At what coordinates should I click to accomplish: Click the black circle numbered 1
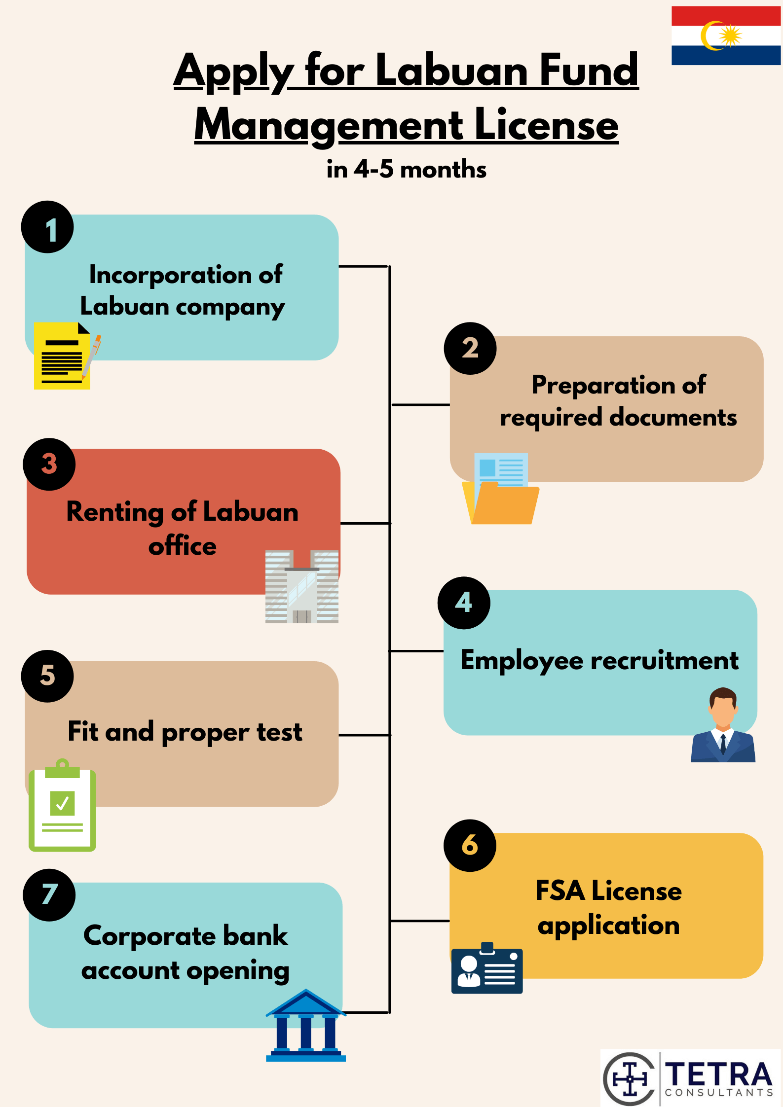coord(47,227)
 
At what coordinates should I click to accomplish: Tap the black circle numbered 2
coord(470,349)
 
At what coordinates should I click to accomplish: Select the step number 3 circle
coord(49,464)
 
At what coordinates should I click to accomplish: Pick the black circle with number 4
coord(464,603)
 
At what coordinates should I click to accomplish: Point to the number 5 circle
coord(47,676)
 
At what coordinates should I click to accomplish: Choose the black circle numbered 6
coord(470,846)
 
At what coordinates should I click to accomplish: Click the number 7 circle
coord(49,895)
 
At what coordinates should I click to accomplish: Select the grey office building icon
coord(302,587)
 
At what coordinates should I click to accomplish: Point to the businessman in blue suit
coord(723,725)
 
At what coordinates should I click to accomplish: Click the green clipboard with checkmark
coord(62,805)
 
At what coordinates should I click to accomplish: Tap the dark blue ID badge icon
coord(487,968)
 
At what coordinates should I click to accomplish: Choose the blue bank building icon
coord(306,1025)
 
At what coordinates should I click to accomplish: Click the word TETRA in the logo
coord(719,1074)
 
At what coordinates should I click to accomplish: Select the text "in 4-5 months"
coord(407,169)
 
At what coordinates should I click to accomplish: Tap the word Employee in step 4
coord(522,661)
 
